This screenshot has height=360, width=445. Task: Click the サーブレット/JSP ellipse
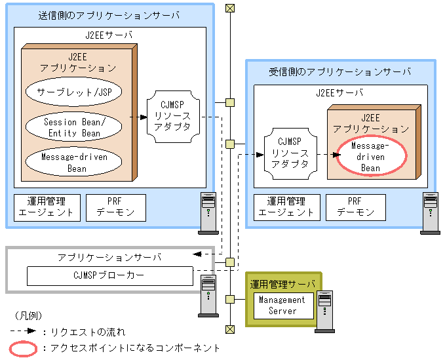tap(74, 92)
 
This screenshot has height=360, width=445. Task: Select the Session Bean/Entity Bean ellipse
tap(74, 127)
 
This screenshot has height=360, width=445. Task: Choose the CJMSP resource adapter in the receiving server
tap(290, 153)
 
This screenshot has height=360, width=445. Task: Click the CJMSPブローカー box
tap(109, 275)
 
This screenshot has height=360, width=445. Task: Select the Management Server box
tap(282, 306)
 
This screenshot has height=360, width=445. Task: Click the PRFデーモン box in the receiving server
tap(356, 207)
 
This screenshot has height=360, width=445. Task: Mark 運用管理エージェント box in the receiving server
tap(286, 207)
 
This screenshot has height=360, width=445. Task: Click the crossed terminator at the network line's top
tap(229, 8)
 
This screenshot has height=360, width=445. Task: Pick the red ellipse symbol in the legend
tap(23, 348)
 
